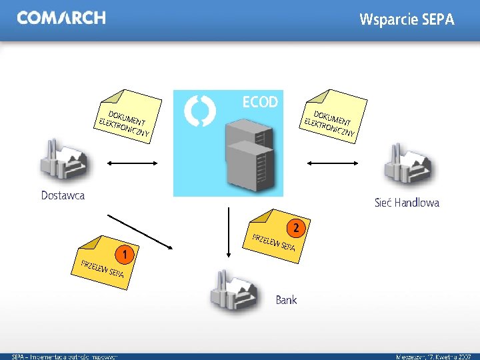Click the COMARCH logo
(61, 18)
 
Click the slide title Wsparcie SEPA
(407, 19)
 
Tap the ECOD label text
(260, 102)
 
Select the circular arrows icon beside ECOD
(199, 111)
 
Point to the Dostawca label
(63, 196)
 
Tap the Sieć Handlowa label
(407, 203)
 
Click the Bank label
(286, 300)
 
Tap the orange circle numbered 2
(297, 229)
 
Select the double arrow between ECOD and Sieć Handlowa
(333, 162)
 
